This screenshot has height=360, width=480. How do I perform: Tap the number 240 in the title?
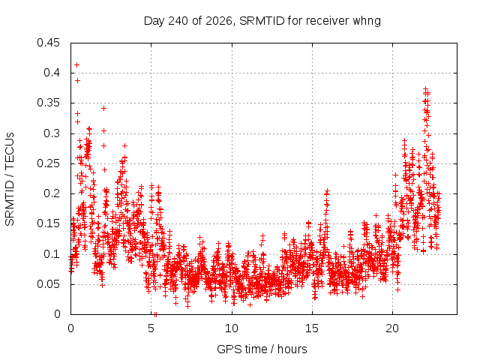click(x=178, y=21)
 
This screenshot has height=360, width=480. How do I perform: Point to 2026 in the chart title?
click(x=218, y=21)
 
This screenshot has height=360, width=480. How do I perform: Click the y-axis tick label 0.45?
click(x=48, y=43)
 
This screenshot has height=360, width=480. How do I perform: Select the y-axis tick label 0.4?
click(x=52, y=73)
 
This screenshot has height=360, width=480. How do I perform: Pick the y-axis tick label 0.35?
click(x=48, y=103)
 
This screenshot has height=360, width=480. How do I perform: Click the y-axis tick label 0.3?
click(x=52, y=133)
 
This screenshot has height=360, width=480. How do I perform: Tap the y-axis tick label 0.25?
click(x=48, y=163)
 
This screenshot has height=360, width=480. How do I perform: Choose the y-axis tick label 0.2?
click(x=52, y=193)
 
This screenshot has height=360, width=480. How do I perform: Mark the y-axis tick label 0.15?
click(x=48, y=223)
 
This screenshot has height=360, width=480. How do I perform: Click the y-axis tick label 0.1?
click(x=52, y=253)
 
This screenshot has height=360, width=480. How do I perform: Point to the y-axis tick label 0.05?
click(x=48, y=284)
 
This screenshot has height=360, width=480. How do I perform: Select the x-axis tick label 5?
click(x=151, y=328)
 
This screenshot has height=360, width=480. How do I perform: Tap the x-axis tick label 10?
click(x=232, y=328)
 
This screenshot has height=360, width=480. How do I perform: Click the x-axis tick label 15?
click(x=312, y=328)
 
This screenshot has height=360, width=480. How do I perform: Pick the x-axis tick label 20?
click(x=392, y=328)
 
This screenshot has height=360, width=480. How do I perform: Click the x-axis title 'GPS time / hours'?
click(x=262, y=349)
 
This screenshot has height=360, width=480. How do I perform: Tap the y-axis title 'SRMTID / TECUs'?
click(x=10, y=179)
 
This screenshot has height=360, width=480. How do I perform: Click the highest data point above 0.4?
click(x=76, y=65)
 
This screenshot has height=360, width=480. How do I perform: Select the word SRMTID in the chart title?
click(x=262, y=21)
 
